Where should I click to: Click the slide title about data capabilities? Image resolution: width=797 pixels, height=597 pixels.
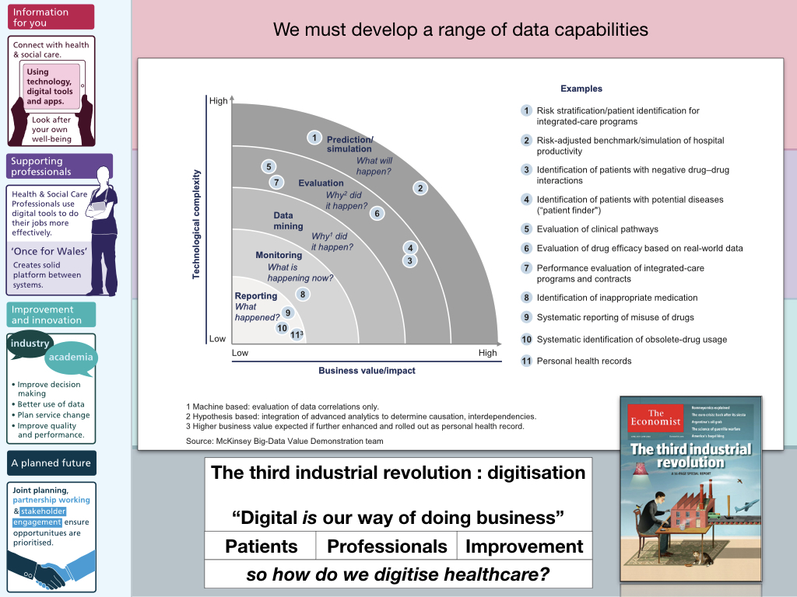[460, 30]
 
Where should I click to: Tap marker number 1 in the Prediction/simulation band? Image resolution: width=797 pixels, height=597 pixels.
[314, 138]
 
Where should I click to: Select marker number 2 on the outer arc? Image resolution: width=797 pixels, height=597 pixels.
[420, 187]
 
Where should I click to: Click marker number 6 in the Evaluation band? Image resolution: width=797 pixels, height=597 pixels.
[377, 213]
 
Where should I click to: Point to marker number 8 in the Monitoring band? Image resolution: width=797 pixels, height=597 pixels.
[303, 294]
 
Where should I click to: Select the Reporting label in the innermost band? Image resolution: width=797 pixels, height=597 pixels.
[256, 296]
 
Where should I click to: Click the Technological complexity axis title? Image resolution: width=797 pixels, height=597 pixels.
[196, 224]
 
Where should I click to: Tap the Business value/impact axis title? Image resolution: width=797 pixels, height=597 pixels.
[367, 371]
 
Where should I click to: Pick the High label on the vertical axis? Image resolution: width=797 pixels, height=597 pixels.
[218, 101]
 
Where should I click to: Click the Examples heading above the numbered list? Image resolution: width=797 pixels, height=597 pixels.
[581, 89]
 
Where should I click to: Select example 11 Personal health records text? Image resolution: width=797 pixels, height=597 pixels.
[584, 361]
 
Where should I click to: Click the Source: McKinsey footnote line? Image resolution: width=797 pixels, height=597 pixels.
[285, 442]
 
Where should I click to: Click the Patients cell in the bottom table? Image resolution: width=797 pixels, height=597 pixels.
[261, 546]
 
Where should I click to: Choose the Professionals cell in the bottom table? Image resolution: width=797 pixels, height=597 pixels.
[387, 546]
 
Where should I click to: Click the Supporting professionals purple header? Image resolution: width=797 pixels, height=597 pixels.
[60, 166]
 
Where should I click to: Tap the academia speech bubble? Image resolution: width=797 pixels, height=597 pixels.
[71, 357]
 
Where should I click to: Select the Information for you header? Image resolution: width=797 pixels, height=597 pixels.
[51, 17]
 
